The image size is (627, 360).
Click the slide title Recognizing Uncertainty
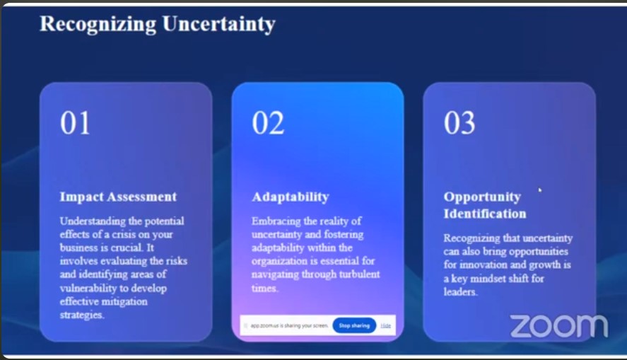tap(158, 24)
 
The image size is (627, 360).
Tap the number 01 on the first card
tap(75, 123)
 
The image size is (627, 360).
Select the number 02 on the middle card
tap(268, 123)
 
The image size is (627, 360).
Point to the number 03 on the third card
tap(459, 123)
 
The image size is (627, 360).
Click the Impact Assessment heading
tap(118, 197)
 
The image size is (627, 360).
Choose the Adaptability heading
tap(291, 197)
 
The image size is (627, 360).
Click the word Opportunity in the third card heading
tap(482, 197)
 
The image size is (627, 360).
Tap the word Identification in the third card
tap(485, 214)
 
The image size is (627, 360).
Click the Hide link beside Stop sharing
tap(385, 325)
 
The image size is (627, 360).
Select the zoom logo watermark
tap(559, 325)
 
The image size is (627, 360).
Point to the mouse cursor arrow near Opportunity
tap(540, 190)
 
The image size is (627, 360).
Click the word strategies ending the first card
tap(81, 315)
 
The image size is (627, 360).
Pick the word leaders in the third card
tap(460, 291)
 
